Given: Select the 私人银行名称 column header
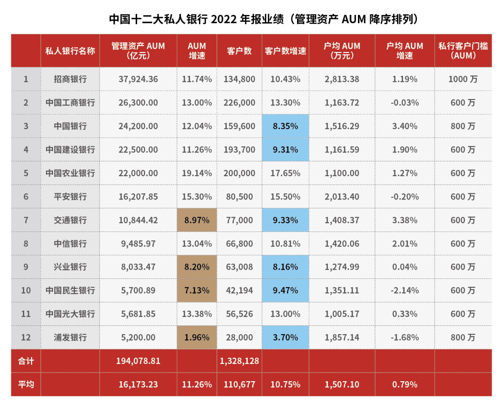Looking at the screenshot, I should (70, 50).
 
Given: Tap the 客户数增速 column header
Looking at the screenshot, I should (285, 50).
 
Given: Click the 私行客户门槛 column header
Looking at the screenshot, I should (463, 50).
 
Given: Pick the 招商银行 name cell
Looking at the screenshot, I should (70, 79).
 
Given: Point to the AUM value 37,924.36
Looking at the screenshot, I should (138, 79).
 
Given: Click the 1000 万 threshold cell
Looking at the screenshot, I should (463, 79).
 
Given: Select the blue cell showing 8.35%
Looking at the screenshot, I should (285, 126).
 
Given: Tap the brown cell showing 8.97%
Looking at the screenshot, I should (197, 220).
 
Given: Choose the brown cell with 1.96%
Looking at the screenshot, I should (197, 337).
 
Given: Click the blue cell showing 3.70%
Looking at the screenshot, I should (285, 337).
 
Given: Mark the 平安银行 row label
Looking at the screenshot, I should (70, 197).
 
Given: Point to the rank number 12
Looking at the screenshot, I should (26, 337).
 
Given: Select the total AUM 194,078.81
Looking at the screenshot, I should (138, 361).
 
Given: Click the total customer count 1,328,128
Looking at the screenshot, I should (239, 361).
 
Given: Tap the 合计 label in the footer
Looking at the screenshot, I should (26, 361).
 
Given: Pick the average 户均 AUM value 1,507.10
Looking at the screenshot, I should (342, 384).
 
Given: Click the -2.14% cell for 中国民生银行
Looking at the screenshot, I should (404, 291).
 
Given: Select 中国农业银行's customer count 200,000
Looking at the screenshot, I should (239, 173).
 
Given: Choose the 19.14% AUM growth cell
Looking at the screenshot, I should (197, 173).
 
